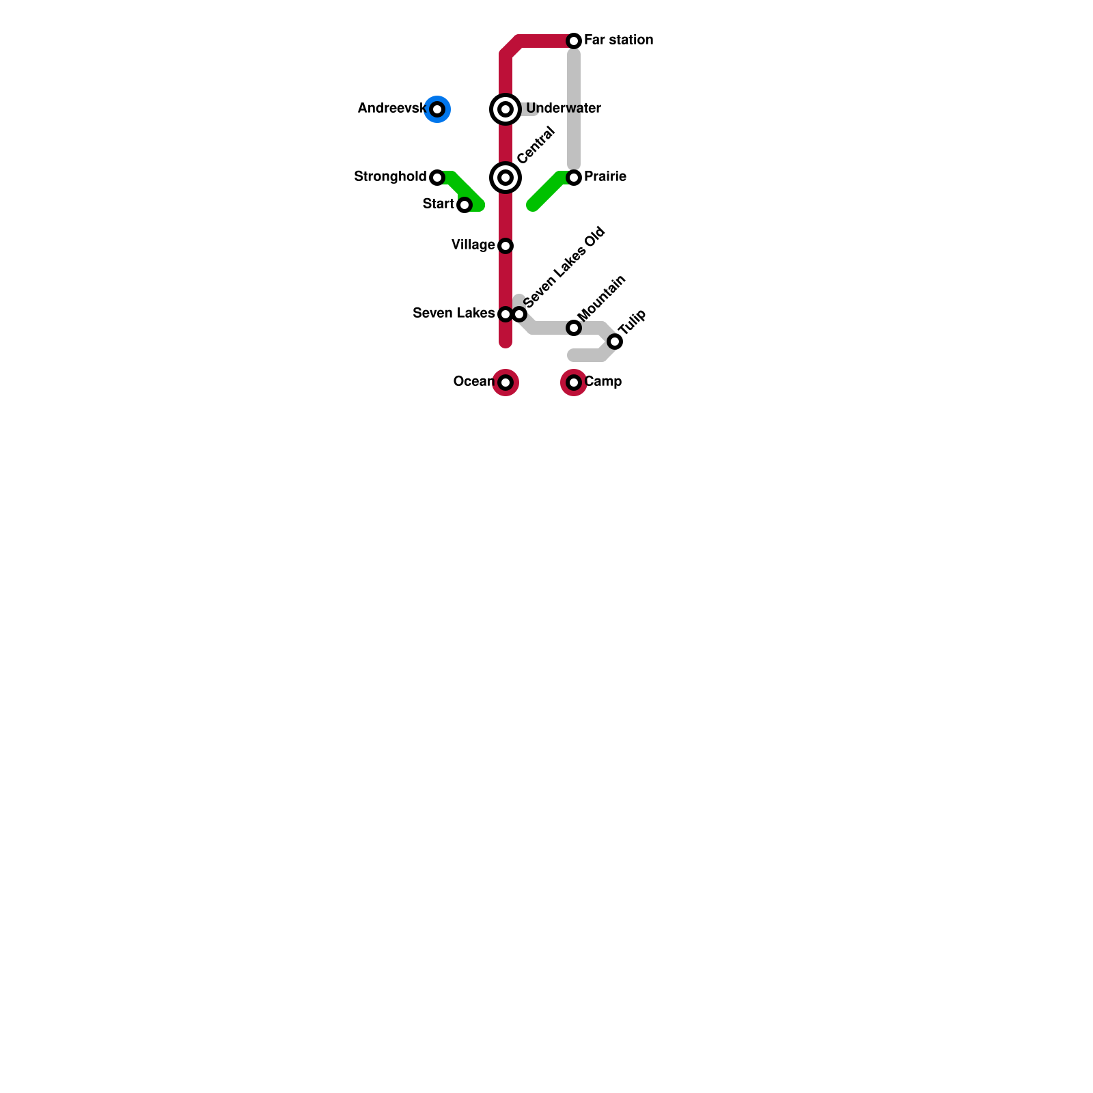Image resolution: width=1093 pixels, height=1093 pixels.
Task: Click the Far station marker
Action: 574,41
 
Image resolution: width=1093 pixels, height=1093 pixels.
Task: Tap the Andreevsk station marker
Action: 437,109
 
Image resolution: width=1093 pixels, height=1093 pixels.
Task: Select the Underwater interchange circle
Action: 506,109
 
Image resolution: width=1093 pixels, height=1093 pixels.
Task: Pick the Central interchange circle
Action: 506,178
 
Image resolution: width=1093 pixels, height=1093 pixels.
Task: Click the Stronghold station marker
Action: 437,178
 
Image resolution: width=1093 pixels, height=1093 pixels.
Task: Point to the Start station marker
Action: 465,205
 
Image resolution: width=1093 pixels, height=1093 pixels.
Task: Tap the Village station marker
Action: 506,246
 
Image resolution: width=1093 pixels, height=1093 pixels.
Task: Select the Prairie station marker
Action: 574,178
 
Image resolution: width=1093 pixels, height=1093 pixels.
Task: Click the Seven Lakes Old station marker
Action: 520,314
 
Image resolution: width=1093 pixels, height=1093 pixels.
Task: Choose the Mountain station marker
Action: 574,328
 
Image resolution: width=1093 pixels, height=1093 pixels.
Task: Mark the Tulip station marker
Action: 615,342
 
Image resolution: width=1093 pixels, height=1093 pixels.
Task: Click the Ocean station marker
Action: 506,383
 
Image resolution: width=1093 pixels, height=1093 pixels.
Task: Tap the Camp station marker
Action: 574,383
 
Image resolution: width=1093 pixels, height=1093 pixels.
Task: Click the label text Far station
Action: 618,40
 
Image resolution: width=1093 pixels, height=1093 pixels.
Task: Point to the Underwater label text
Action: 564,108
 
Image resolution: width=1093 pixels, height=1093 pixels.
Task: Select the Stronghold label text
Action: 390,176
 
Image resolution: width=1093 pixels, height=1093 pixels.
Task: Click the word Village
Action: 473,245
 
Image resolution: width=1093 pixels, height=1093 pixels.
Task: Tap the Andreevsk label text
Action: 391,108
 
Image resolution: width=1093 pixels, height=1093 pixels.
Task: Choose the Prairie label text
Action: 605,176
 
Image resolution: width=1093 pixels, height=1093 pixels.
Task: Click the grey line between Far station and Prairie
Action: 574,109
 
